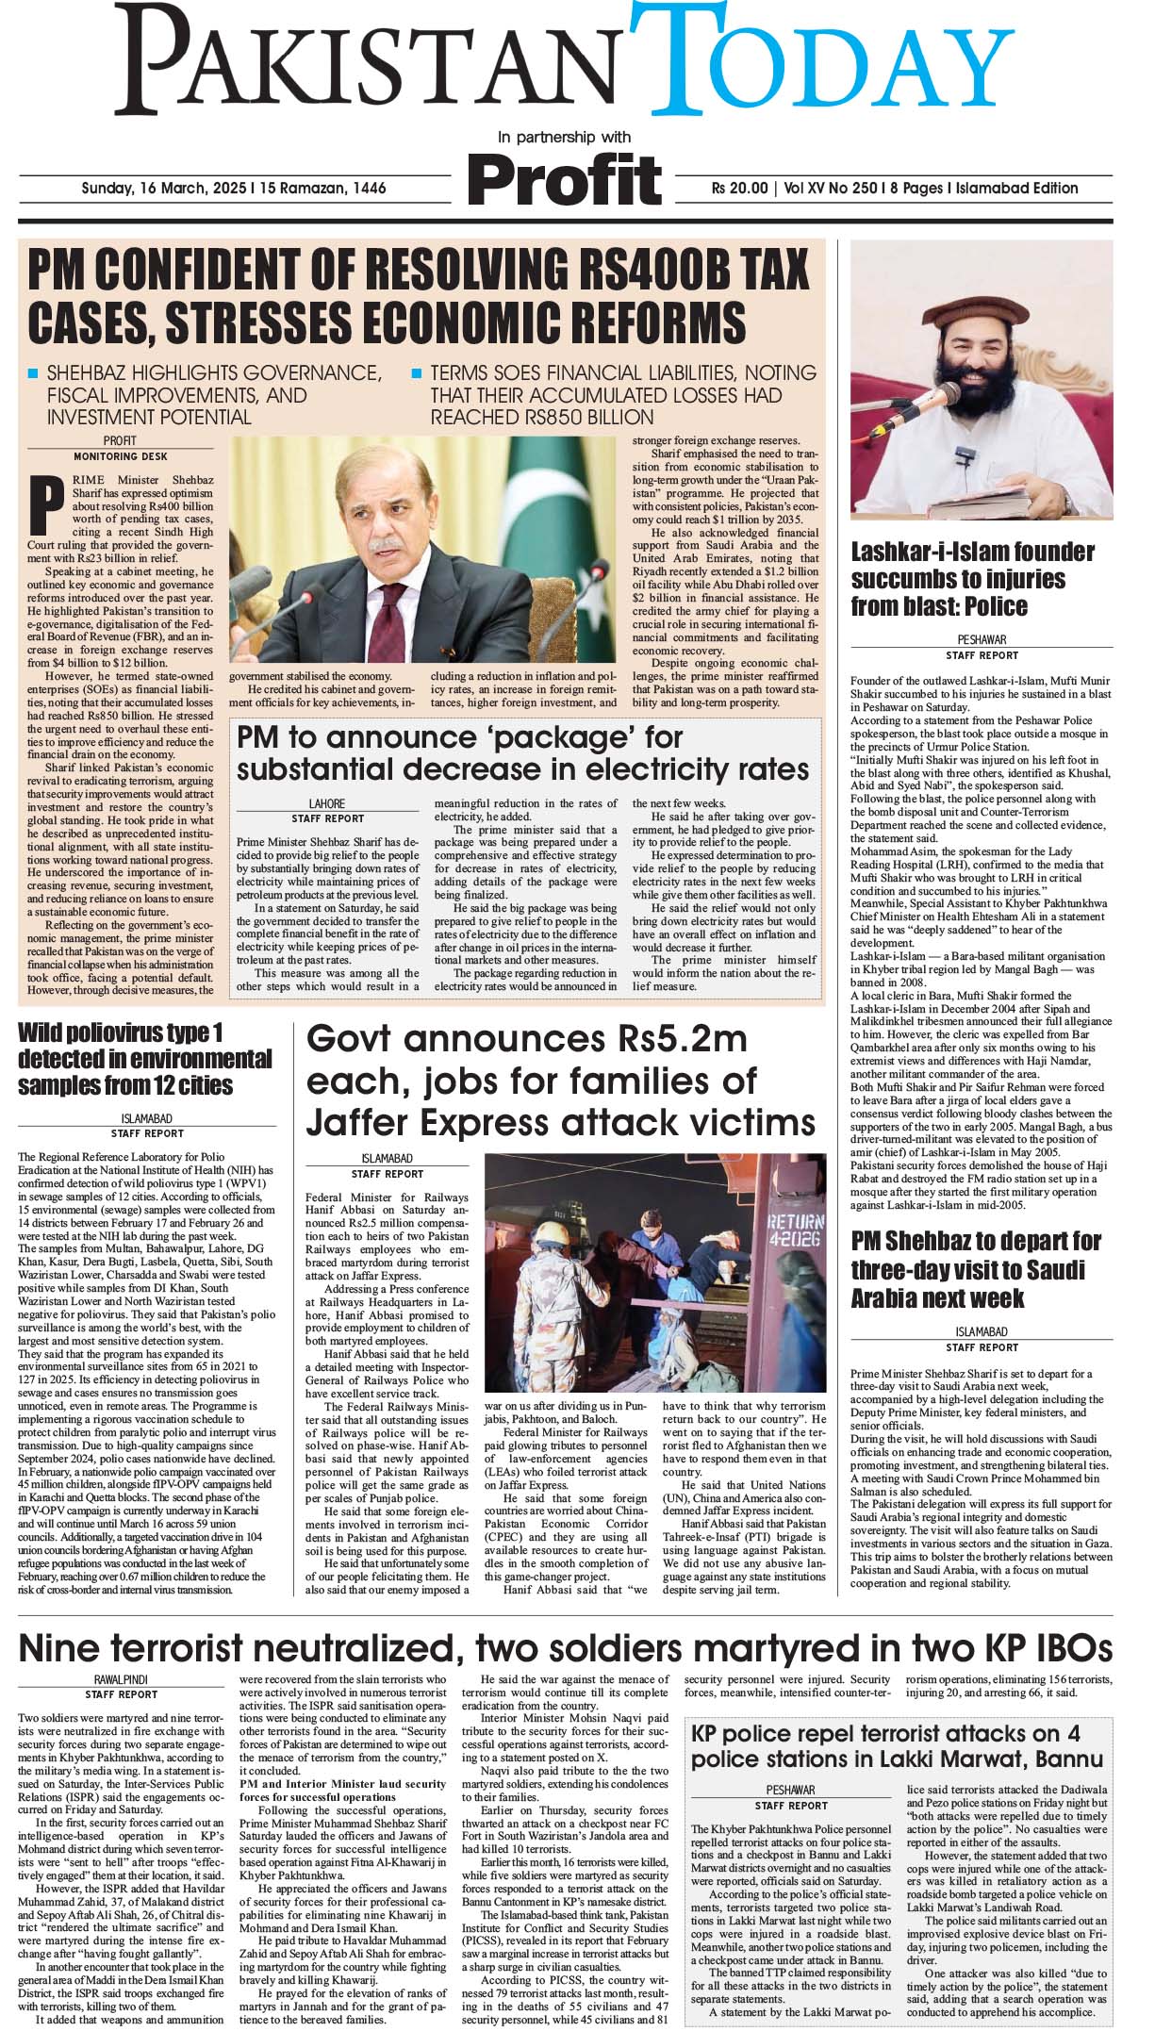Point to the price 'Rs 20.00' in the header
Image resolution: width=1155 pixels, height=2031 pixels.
coord(740,188)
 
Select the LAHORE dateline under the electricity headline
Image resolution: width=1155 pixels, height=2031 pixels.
coord(326,804)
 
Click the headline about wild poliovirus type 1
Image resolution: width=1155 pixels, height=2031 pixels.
coord(145,1058)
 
